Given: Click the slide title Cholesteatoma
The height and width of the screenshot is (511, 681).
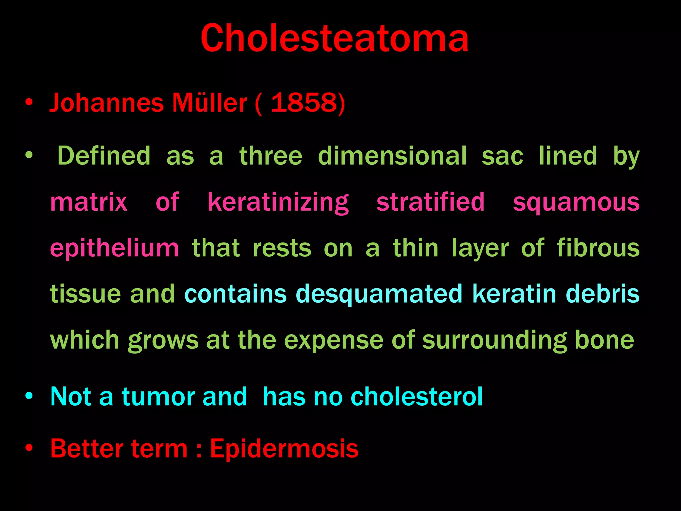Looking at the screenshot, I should click(x=334, y=38).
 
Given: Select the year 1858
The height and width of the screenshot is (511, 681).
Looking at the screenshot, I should click(x=304, y=102).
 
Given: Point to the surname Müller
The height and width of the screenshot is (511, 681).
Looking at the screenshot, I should click(x=209, y=102).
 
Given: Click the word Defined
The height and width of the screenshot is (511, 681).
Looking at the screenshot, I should click(x=104, y=156).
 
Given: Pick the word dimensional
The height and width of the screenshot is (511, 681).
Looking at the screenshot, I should click(x=392, y=156).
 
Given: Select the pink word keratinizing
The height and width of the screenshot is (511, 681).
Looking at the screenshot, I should click(x=278, y=202).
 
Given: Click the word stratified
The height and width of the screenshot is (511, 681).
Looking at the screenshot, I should click(x=431, y=202).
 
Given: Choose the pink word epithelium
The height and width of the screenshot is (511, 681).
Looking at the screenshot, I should click(x=114, y=249).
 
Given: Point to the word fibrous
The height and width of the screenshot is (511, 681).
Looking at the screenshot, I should click(x=598, y=248).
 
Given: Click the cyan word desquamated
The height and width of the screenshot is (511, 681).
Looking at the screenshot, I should click(x=379, y=294).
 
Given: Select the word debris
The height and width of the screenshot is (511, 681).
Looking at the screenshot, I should click(x=603, y=294).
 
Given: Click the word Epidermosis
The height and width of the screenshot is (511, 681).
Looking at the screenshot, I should click(x=284, y=449).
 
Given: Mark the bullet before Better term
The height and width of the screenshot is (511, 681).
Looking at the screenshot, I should click(x=29, y=448).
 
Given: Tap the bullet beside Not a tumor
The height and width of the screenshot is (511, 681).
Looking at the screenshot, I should click(x=29, y=396).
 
